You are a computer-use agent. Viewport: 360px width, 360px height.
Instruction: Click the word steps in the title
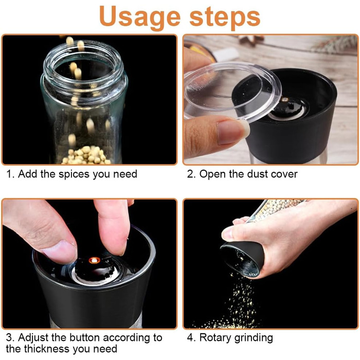[225, 16]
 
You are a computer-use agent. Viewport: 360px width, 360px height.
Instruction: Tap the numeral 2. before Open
[191, 174]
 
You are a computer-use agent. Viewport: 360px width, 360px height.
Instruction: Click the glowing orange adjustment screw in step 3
[94, 260]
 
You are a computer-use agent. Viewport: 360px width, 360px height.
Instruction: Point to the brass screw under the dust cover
[285, 99]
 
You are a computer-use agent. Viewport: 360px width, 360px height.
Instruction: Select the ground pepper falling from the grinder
[237, 303]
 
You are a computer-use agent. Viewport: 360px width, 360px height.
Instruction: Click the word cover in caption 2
[284, 174]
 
